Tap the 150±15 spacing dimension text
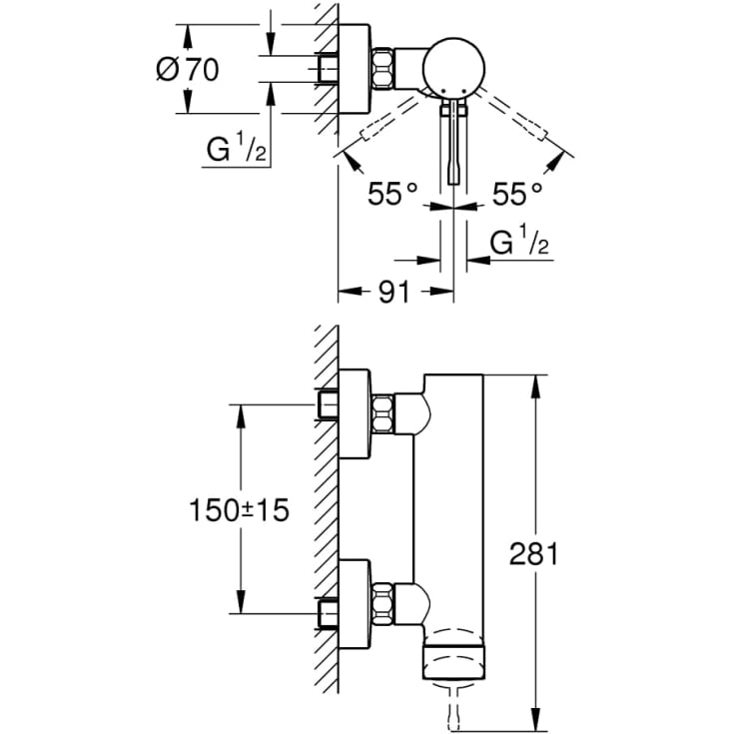[x=239, y=510]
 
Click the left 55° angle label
[x=390, y=195]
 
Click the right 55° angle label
[x=517, y=195]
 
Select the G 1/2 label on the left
[x=236, y=151]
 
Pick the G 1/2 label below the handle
[x=520, y=243]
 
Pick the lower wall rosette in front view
[x=356, y=606]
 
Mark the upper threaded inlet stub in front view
[x=328, y=404]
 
